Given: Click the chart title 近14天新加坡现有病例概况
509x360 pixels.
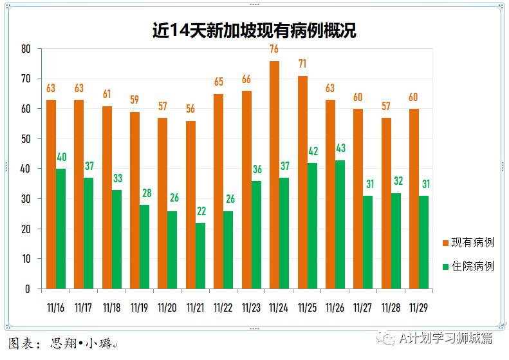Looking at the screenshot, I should (x=254, y=30).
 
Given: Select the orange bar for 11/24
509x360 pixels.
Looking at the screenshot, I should (x=274, y=175).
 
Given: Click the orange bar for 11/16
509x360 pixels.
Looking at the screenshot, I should (x=51, y=194).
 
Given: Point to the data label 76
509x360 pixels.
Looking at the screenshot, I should (x=274, y=50).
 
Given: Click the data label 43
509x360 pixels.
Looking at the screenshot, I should (x=340, y=149).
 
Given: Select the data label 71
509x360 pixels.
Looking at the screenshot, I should (x=302, y=64).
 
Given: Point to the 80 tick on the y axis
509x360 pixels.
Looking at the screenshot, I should (x=26, y=49).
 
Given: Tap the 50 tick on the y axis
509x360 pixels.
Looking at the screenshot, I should (x=26, y=139).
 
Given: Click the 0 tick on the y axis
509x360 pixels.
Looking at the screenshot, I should (x=28, y=289).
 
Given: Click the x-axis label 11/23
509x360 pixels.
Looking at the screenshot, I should (x=251, y=307).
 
